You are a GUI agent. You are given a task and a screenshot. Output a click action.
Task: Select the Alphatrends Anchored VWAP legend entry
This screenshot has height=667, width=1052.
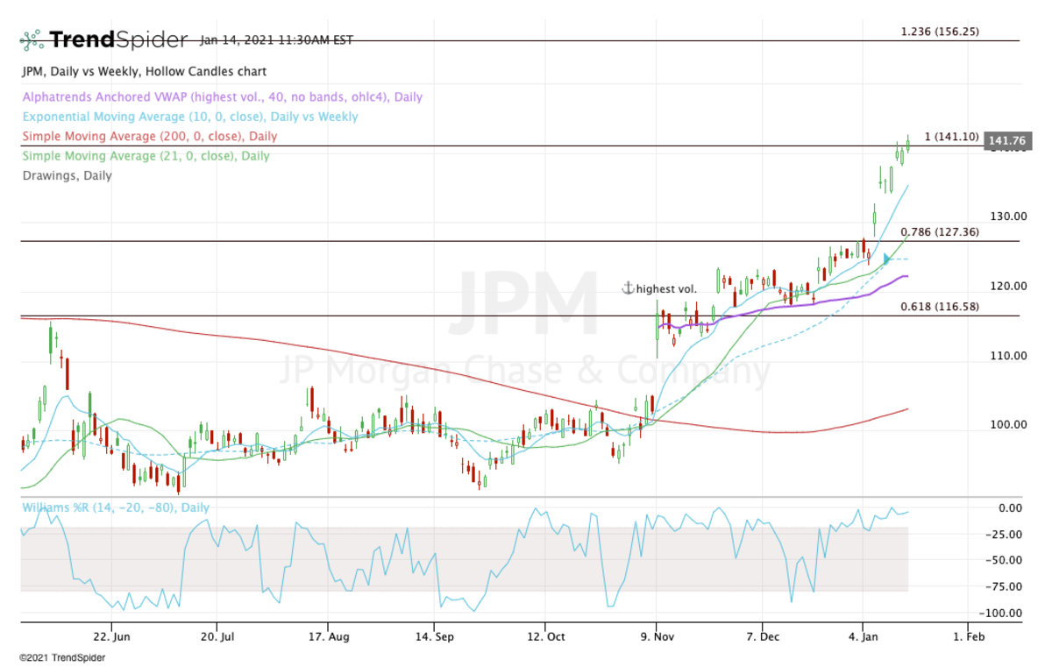point(222,97)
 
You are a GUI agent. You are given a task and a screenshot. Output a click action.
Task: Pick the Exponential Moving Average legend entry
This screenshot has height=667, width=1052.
point(190,117)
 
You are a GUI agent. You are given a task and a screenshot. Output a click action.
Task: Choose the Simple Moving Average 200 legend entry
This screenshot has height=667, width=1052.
point(149,136)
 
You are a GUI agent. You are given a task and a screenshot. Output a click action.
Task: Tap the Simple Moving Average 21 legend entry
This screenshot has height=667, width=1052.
point(146,155)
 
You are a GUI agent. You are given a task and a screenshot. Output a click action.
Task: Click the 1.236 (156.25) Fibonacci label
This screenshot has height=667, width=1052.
point(940,32)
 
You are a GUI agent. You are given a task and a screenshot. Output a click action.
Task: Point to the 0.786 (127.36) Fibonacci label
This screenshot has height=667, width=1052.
point(940,232)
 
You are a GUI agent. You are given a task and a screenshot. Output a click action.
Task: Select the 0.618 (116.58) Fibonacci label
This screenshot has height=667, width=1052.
point(940,307)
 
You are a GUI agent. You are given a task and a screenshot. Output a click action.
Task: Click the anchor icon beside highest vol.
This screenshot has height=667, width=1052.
point(627,288)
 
